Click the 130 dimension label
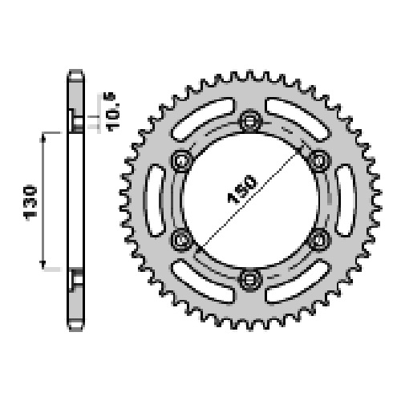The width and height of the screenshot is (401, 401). pos(30,203)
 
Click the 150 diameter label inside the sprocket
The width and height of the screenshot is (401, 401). pos(242,189)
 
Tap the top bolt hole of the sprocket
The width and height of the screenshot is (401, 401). pos(250,121)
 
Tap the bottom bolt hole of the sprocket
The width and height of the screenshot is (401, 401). pos(250,280)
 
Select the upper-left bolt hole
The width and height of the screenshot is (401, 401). pos(182,161)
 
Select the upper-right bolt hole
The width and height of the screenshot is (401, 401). pos(319,161)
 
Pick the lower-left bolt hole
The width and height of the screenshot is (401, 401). pos(182,240)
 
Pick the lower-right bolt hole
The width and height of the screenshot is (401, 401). pos(319,240)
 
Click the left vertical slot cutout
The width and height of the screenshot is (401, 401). pos(155,200)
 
